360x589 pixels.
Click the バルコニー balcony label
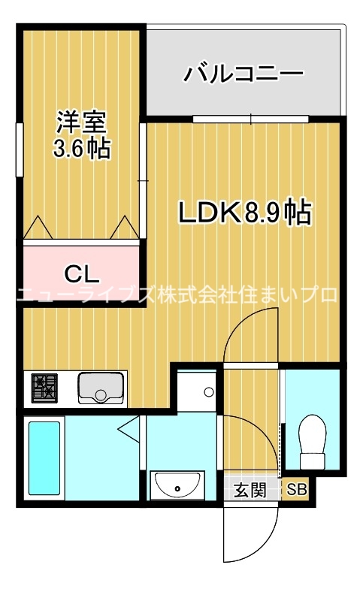pos(244,74)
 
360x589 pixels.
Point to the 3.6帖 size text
pos(81,148)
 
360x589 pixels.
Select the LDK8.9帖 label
pos(244,213)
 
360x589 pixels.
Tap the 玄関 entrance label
pos(249,491)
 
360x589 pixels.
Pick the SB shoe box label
pos(298,491)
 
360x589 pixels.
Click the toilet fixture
pos(312,443)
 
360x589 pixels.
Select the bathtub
pos(44,459)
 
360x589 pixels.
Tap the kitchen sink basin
pos(102,387)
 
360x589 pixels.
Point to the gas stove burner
pos(44,388)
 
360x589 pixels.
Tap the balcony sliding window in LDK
pos(251,119)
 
